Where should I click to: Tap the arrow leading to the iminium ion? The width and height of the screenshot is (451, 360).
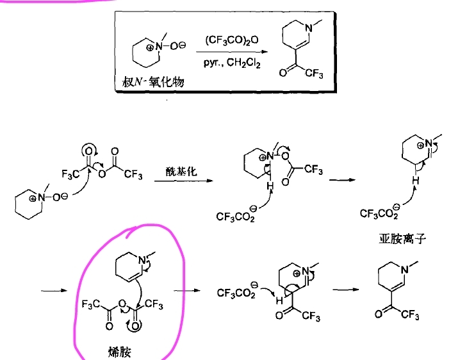(347, 180)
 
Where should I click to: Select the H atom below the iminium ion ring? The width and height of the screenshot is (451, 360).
(414, 182)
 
